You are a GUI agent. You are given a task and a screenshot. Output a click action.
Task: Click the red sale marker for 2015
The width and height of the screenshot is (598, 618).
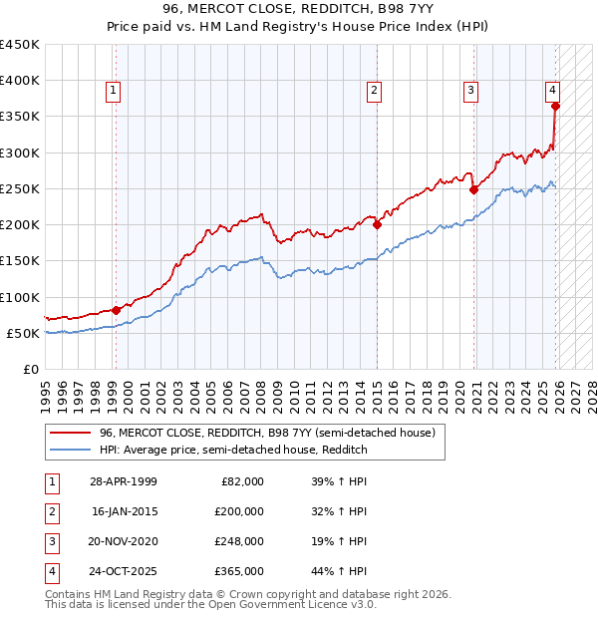[377, 225]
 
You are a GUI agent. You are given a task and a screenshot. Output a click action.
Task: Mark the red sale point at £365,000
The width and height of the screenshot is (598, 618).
[555, 106]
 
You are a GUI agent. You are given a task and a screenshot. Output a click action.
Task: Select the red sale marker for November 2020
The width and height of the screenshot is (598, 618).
[473, 190]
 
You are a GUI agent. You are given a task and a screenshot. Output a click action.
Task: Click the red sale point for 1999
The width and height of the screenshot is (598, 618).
[116, 310]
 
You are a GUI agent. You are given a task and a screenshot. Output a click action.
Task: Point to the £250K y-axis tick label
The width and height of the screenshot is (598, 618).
[20, 188]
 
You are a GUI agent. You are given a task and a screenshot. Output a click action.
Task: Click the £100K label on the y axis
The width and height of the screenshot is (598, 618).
[20, 297]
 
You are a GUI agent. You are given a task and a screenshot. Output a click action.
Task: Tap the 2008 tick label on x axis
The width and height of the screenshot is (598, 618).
[261, 389]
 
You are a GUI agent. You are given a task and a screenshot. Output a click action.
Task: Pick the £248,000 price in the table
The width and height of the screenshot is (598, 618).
[239, 541]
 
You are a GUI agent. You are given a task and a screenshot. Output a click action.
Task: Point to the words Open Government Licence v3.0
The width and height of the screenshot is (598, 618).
[298, 604]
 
